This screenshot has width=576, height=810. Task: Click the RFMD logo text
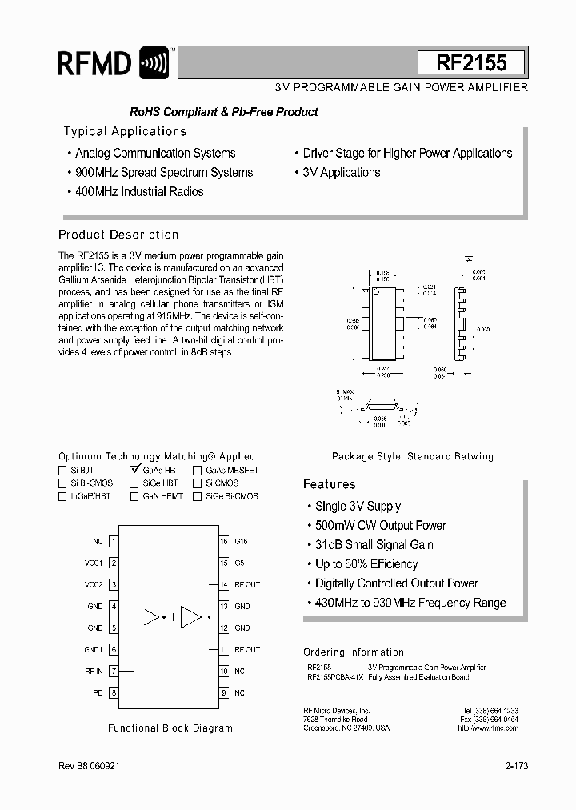tap(94, 62)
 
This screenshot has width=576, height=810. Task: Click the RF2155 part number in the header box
tap(471, 63)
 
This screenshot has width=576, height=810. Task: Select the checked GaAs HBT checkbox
tap(134, 471)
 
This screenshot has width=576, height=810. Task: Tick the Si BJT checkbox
tap(63, 471)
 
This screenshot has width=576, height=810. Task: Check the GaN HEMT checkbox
tap(134, 496)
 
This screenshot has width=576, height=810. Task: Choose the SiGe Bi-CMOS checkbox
tap(197, 496)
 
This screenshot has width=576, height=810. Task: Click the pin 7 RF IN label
tap(94, 671)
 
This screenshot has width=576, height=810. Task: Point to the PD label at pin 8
tap(98, 692)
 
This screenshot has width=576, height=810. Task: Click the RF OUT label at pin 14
tap(247, 584)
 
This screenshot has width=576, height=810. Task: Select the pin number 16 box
tap(224, 541)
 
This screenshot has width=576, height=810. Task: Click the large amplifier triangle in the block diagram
tap(191, 616)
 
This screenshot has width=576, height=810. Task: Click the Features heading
tap(329, 484)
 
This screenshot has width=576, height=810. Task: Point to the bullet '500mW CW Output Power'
tap(380, 525)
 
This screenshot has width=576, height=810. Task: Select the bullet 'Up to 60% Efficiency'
tap(366, 564)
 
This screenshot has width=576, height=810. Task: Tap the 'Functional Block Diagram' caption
tap(170, 728)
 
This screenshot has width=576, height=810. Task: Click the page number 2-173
tap(516, 766)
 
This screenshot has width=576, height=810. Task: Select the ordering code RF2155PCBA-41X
tap(334, 677)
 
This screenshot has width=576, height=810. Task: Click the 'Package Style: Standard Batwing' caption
tap(413, 456)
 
